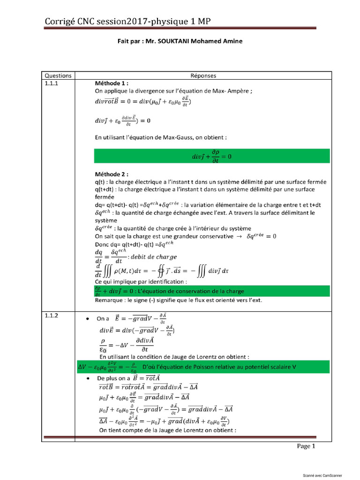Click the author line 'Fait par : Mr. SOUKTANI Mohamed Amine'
[x=180, y=41]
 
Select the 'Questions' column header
[x=58, y=75]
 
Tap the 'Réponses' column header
[x=203, y=75]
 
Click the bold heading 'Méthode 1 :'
[x=111, y=83]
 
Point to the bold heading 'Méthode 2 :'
[x=111, y=174]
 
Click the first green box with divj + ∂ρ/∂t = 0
[x=212, y=157]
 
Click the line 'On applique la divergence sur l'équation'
[x=173, y=91]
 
